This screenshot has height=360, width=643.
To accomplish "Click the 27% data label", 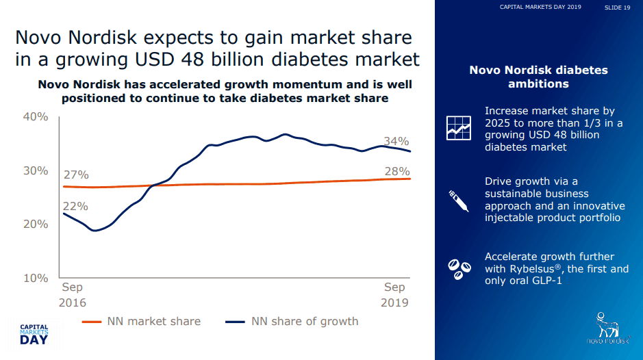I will click(x=75, y=175).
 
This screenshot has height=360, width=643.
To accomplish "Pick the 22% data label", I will click(x=75, y=206).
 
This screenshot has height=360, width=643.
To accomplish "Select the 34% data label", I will click(x=396, y=142).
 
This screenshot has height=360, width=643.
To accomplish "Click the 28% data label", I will click(x=396, y=171).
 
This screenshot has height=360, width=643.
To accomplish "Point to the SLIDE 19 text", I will click(x=617, y=8).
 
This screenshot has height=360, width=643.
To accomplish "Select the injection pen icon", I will click(x=457, y=199).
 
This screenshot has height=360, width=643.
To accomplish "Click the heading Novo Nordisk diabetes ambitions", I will click(x=538, y=77).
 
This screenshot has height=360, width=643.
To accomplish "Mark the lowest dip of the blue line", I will click(x=95, y=230).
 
